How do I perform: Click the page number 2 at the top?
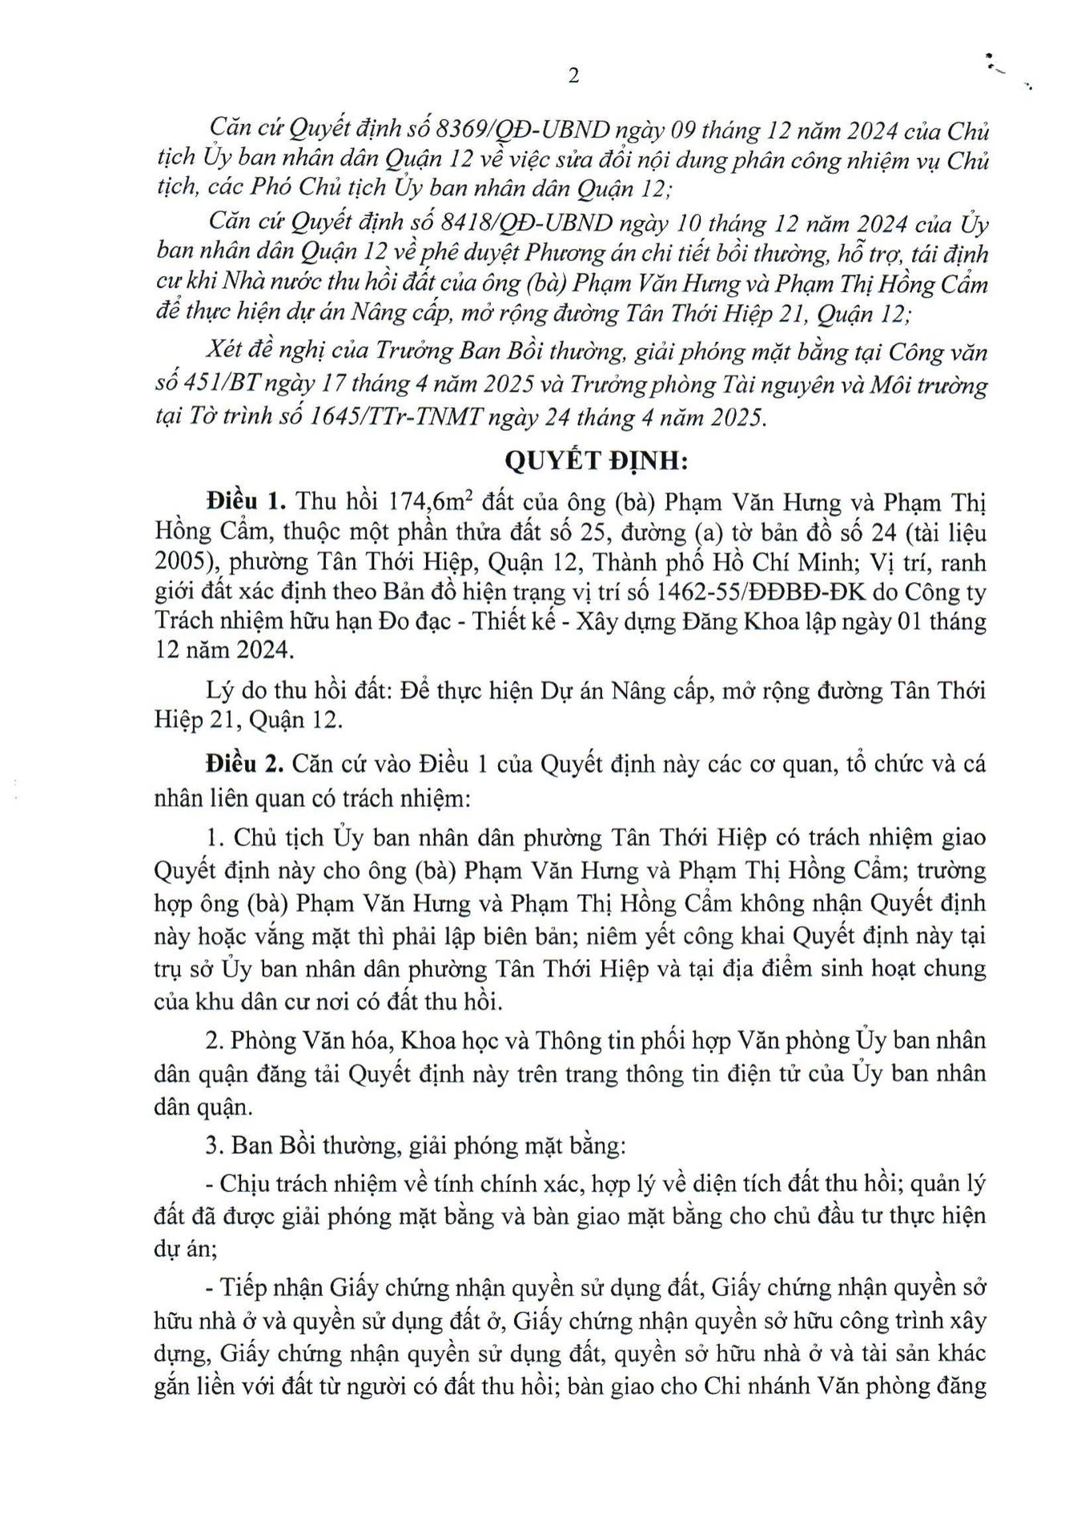click(x=573, y=75)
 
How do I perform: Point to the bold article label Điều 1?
click(x=246, y=502)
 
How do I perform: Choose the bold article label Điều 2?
click(x=245, y=763)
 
